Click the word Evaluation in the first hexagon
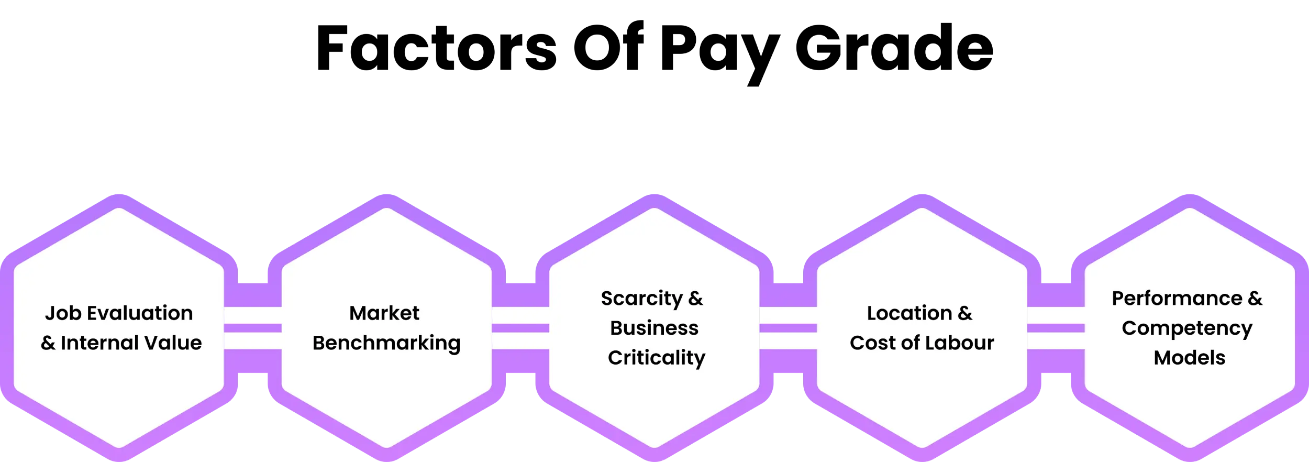point(140,313)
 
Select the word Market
point(384,313)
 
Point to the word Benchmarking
point(386,344)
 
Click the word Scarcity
point(641,299)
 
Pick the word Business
point(654,328)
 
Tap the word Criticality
point(657,358)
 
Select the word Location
point(909,313)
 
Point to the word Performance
point(1177,299)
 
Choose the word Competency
point(1187,328)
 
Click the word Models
point(1190,358)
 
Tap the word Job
point(62,313)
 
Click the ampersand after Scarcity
point(695,299)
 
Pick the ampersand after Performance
point(1255,299)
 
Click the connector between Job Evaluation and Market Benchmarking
point(252,328)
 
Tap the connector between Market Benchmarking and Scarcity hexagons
point(520,328)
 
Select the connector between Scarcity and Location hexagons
point(788,328)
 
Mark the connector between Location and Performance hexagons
point(1056,328)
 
